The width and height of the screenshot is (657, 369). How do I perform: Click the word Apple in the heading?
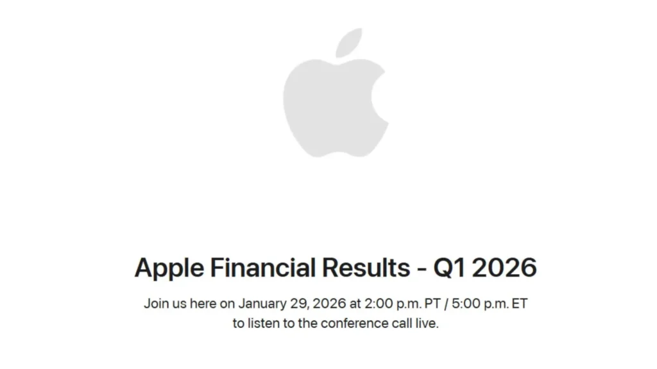tap(169, 268)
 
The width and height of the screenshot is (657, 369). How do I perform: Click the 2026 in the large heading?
tap(504, 267)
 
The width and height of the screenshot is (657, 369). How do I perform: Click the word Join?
tap(156, 303)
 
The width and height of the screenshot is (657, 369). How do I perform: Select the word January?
tap(264, 303)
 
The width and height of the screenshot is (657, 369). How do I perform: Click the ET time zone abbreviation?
tap(519, 303)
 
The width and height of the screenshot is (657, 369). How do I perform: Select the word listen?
tap(264, 324)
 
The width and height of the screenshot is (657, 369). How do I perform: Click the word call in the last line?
tap(402, 324)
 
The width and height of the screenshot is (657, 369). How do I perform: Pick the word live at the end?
tap(427, 324)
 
